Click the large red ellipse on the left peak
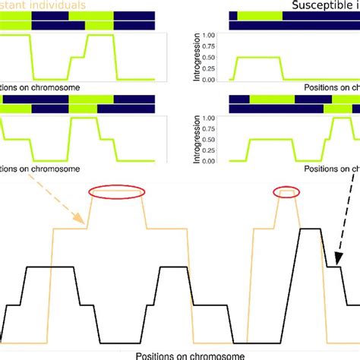tap(115, 193)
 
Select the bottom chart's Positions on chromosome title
tap(191, 355)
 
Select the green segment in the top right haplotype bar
tap(258, 14)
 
